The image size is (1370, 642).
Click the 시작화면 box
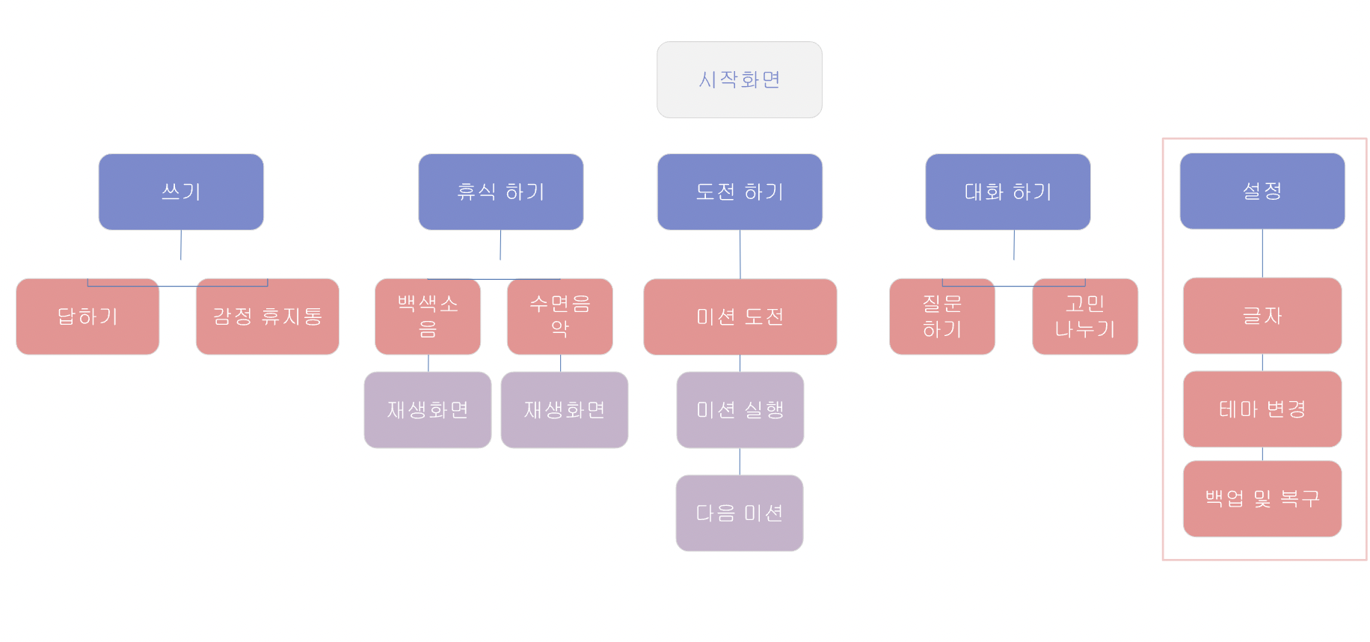point(739,79)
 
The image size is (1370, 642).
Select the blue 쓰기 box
point(181,192)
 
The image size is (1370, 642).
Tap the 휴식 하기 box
point(500,192)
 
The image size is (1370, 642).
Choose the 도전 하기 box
point(740,192)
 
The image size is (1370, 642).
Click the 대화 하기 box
point(1007,192)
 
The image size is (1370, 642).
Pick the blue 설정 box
point(1262,191)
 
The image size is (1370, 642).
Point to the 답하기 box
point(87,317)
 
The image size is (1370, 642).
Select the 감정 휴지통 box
point(267,317)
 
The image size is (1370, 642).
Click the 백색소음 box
point(427,317)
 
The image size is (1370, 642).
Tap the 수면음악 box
point(559,317)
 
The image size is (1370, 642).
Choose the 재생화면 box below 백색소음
point(427,410)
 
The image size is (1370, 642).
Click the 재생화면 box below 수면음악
point(564,410)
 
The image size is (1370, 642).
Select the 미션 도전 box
point(740,317)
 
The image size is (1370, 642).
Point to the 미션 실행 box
point(740,410)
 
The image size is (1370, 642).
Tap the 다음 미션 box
point(739,513)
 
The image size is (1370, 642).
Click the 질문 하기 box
point(942,317)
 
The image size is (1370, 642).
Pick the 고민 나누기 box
point(1084,317)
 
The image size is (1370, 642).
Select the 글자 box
point(1262,316)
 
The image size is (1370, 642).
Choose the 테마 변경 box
point(1262,409)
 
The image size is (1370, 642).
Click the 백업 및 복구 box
point(1262,498)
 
